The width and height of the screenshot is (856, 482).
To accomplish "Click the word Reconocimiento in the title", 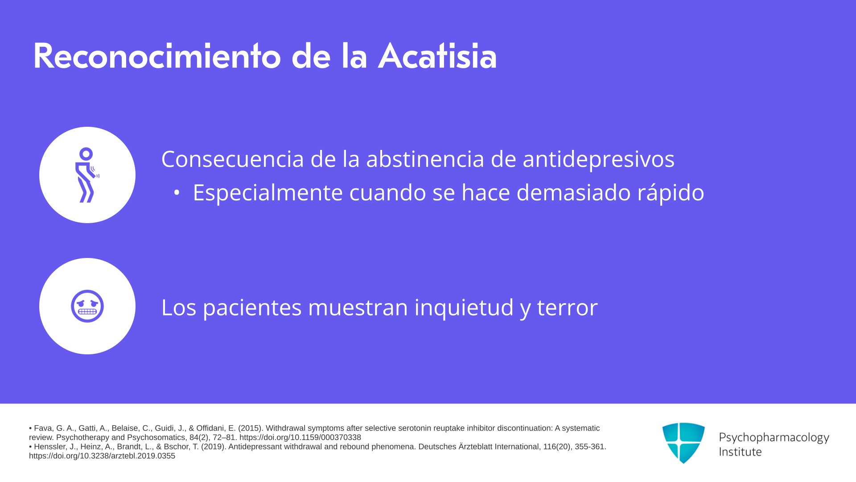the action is [x=157, y=56].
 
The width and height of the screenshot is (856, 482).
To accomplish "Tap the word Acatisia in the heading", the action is [x=437, y=56].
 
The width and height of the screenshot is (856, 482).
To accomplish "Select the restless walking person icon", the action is [x=86, y=175].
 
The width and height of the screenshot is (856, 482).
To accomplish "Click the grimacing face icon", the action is [x=87, y=306].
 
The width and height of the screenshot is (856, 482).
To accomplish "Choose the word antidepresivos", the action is [x=599, y=160].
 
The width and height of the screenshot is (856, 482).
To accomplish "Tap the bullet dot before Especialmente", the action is [x=177, y=193].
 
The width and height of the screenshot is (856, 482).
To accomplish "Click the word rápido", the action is [x=671, y=193].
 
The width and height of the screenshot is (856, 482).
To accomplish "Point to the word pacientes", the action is [x=252, y=308].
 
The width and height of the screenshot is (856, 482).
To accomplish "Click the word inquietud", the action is [x=464, y=308].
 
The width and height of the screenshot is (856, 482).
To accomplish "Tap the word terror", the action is [x=567, y=307].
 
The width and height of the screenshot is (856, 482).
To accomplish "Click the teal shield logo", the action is [x=683, y=443].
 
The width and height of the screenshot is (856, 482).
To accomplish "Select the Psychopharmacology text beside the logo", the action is [x=774, y=438].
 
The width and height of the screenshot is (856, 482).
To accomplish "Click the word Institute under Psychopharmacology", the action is [x=740, y=452].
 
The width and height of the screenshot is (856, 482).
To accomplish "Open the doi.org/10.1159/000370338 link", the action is [x=300, y=437].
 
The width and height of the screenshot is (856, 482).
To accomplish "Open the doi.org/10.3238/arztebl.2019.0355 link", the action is [x=102, y=456].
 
